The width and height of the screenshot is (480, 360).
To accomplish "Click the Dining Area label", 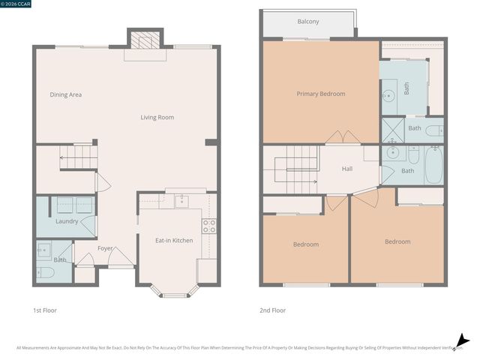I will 66,94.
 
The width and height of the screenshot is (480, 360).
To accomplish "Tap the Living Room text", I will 157,117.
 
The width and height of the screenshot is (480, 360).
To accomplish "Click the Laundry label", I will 67,221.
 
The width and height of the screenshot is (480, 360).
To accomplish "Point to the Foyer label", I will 105,248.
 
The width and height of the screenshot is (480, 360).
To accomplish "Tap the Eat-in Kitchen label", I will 174,240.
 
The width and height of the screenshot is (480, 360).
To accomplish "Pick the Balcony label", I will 308,22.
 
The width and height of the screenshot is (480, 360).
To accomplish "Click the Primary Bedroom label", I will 321,94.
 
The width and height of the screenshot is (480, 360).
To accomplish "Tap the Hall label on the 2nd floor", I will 347,169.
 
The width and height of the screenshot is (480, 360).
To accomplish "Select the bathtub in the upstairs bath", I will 433,165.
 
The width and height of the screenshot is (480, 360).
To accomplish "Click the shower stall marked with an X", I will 392,130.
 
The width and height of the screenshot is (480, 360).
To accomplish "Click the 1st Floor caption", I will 44,310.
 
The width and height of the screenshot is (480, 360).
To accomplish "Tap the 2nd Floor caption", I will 274,310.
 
